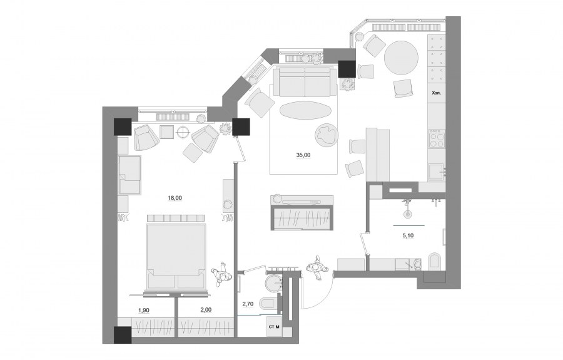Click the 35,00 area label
pyautogui.click(x=303, y=155)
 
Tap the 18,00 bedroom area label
pyautogui.click(x=175, y=198)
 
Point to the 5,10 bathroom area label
pyautogui.click(x=408, y=235)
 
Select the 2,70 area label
pyautogui.click(x=248, y=304)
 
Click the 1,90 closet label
pyautogui.click(x=144, y=311)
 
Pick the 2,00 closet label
pyautogui.click(x=205, y=311)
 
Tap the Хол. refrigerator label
pyautogui.click(x=436, y=93)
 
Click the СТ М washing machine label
pyautogui.click(x=275, y=327)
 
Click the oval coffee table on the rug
pyautogui.click(x=305, y=111)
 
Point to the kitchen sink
pyautogui.click(x=437, y=172)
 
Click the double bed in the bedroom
pyautogui.click(x=176, y=252)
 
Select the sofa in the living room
pyautogui.click(x=306, y=81)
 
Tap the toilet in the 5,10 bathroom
pyautogui.click(x=434, y=262)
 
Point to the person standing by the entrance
pyautogui.click(x=317, y=268)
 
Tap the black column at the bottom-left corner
pyautogui.click(x=123, y=335)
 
